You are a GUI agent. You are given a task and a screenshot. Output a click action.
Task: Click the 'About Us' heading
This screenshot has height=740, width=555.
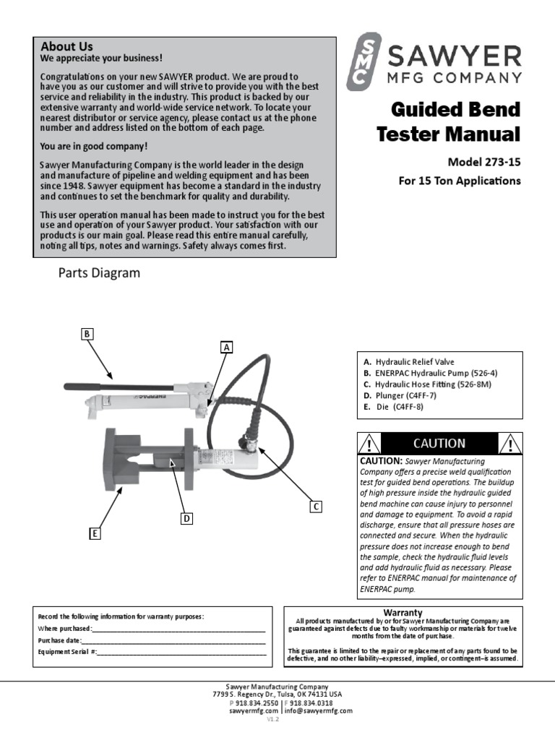(x=66, y=47)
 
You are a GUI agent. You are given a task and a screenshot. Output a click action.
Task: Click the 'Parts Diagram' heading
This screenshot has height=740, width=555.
(x=99, y=273)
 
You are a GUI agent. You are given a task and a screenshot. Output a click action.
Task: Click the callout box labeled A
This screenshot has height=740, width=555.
(x=226, y=348)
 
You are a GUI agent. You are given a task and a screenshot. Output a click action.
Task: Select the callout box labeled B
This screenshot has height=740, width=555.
(x=87, y=333)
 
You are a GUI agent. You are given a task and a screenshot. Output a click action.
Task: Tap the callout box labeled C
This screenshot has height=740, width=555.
(x=316, y=507)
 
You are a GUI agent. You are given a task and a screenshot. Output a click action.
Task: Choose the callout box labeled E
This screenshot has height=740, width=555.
(x=94, y=533)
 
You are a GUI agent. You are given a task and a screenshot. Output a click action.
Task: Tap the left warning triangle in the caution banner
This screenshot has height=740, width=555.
(x=369, y=444)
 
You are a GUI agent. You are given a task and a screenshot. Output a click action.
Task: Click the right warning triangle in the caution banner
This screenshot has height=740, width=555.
(x=510, y=444)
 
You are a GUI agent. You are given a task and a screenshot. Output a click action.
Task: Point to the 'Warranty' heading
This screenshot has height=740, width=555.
(x=403, y=612)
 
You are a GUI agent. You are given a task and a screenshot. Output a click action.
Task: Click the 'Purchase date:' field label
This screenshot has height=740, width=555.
(x=60, y=640)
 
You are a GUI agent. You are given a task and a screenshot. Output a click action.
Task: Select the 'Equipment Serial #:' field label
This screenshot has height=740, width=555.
(x=67, y=652)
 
